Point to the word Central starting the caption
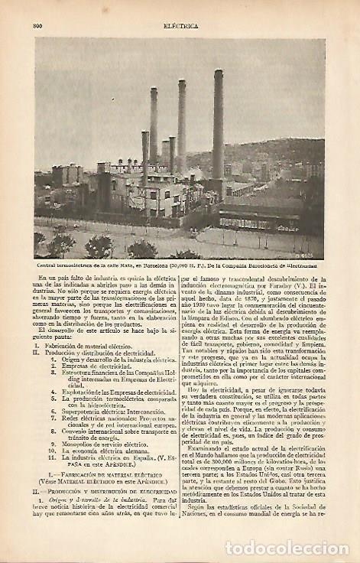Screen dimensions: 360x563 pos(49,265)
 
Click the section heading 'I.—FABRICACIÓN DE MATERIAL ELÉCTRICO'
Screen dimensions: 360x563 pos(107,476)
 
